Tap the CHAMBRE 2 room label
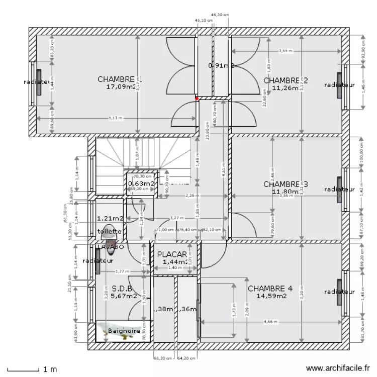285,80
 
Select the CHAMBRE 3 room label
285,184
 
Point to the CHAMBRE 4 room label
270,289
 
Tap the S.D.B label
122,289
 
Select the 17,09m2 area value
121,87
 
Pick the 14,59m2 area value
271,296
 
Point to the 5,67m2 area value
124,296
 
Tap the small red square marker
197,99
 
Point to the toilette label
109,231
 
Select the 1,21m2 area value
110,219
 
